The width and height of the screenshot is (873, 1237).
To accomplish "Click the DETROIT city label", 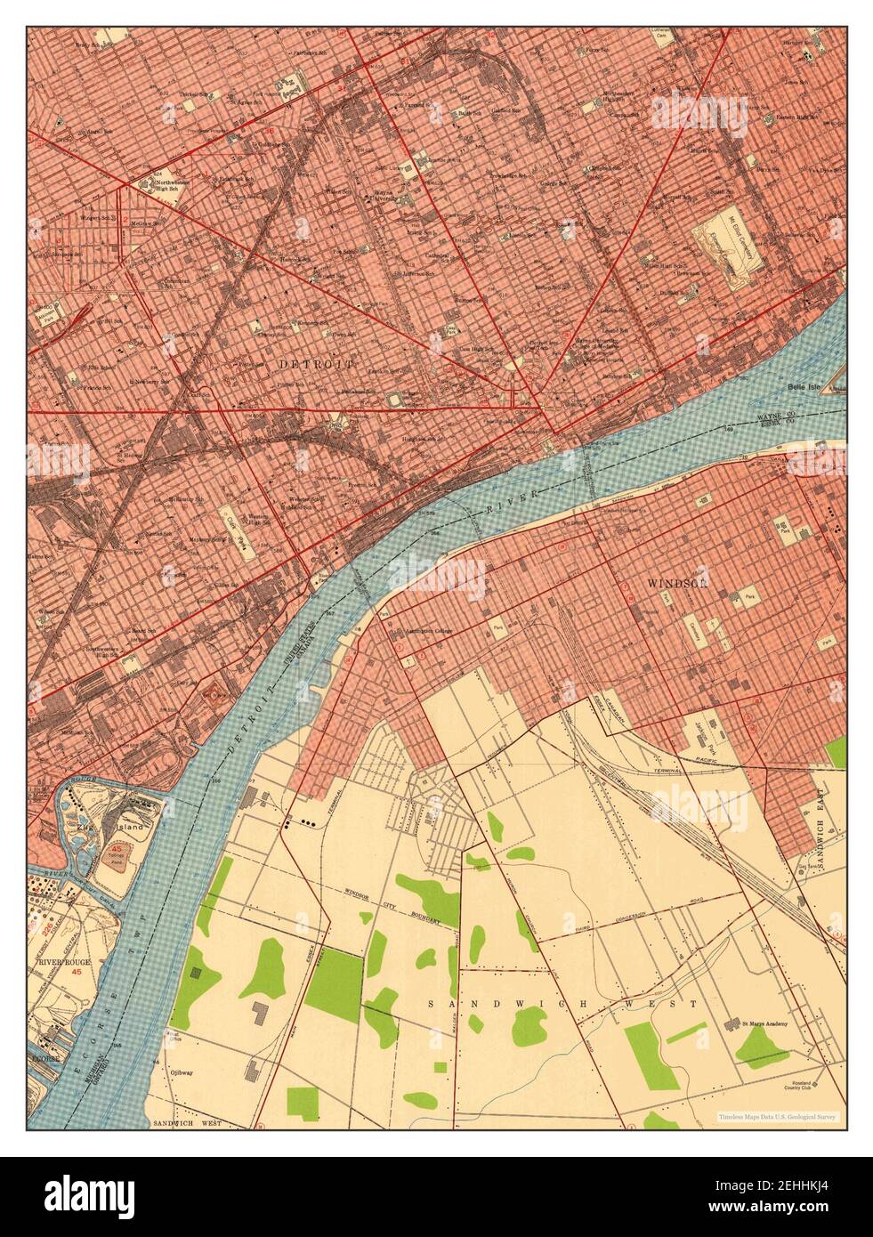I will pyautogui.click(x=316, y=365).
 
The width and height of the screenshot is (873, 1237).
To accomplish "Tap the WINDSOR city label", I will pyautogui.click(x=678, y=583).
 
